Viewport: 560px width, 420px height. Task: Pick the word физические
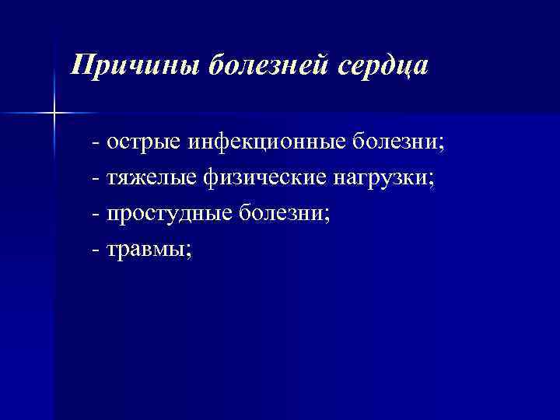pos(264,179)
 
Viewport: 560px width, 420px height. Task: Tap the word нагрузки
pos(380,179)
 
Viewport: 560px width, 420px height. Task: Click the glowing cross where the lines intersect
pos(54,114)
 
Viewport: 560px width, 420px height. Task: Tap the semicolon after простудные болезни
pos(327,215)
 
